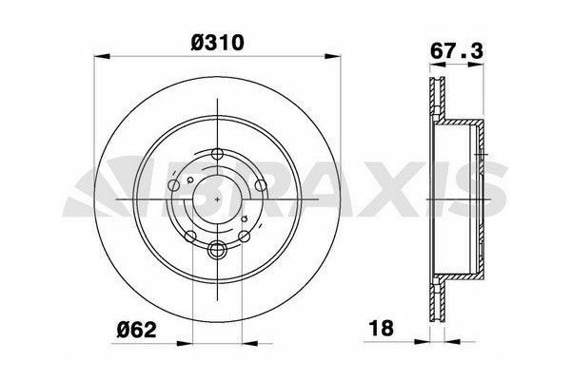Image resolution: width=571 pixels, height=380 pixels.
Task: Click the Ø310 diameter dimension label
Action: pos(218,43)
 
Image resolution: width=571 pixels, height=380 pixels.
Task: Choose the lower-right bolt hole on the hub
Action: pos(245,237)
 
